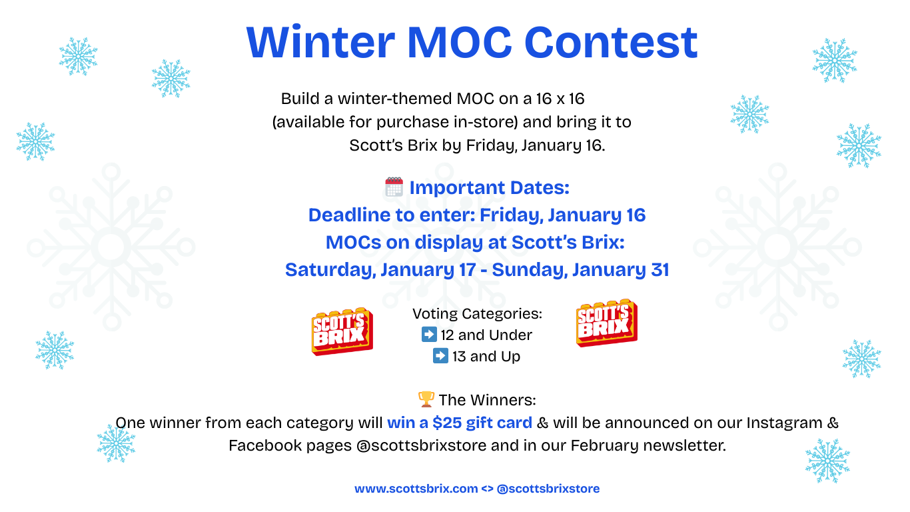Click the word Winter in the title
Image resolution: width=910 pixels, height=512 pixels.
pyautogui.click(x=320, y=41)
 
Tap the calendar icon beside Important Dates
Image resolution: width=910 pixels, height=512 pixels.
pyautogui.click(x=394, y=187)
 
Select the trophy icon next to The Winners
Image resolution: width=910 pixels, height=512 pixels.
pyautogui.click(x=426, y=399)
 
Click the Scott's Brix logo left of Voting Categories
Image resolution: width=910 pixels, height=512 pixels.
pyautogui.click(x=342, y=331)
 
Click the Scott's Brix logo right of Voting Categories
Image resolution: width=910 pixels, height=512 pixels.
pyautogui.click(x=606, y=323)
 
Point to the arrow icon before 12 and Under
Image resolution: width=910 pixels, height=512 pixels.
pyautogui.click(x=429, y=334)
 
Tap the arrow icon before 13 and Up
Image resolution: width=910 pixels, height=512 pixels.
pyautogui.click(x=440, y=356)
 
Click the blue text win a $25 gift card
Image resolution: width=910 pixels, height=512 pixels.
pyautogui.click(x=460, y=423)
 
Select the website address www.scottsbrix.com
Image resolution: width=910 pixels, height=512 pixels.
pyautogui.click(x=416, y=489)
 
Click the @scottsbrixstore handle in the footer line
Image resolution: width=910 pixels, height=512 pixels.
pyautogui.click(x=548, y=489)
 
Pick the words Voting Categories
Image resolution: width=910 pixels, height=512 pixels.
pyautogui.click(x=477, y=313)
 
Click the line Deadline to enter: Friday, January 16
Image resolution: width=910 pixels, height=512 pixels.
pyautogui.click(x=477, y=215)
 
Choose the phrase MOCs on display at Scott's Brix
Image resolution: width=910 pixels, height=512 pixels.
pyautogui.click(x=475, y=243)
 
